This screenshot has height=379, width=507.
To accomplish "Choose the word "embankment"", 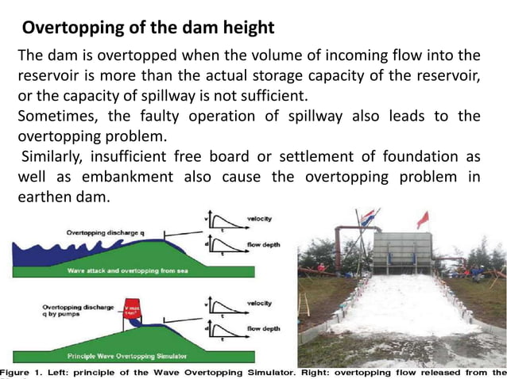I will (x=126, y=176).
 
